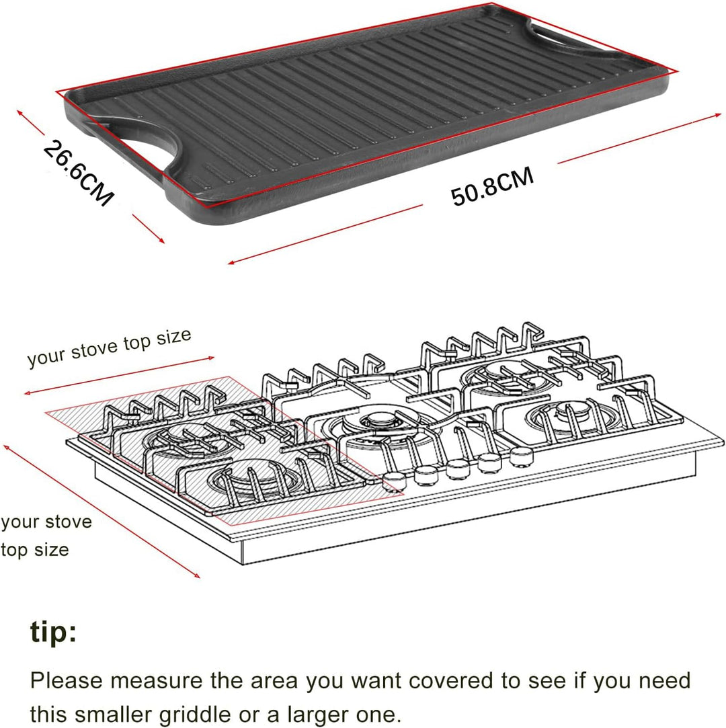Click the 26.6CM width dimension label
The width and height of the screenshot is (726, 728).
coord(78,173)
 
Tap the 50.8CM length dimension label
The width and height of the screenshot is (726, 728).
coord(493,186)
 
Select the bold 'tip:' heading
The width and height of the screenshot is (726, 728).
coord(53,631)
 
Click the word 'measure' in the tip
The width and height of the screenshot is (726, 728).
coord(156,681)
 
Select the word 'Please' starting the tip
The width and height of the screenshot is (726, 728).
coord(67,681)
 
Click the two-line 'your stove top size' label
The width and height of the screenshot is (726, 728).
coord(46,536)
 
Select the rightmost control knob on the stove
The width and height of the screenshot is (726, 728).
coord(521,456)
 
